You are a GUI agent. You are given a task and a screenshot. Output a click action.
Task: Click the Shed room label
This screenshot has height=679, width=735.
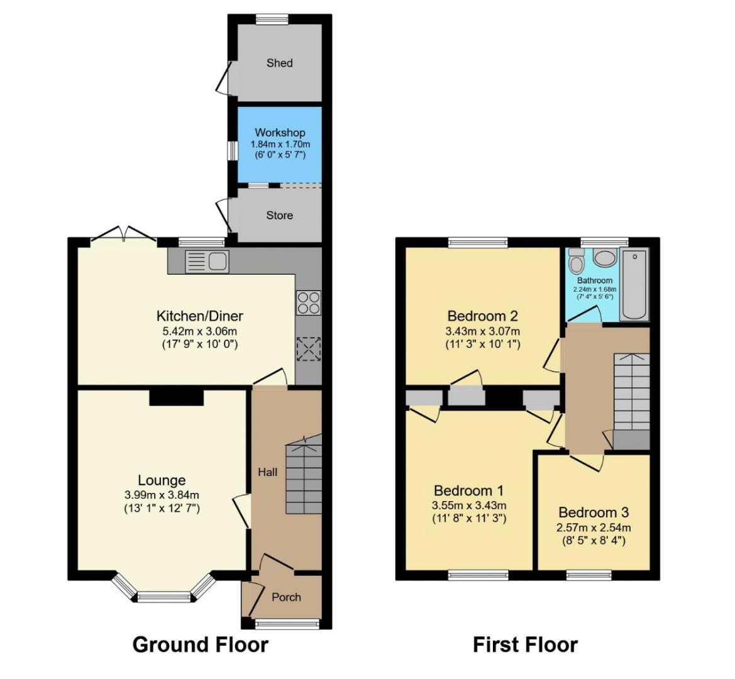coord(279,63)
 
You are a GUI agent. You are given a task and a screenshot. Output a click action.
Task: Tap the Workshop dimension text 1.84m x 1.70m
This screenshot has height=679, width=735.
coord(280,144)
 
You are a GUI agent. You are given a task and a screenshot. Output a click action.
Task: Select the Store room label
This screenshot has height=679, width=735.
coord(279,215)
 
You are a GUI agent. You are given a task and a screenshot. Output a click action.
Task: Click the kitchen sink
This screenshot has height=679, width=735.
coord(208,260)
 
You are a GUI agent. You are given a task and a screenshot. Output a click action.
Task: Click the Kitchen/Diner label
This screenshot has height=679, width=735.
coord(199,316)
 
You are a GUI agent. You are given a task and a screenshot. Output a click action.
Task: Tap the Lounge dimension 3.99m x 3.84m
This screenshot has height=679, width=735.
coord(162,495)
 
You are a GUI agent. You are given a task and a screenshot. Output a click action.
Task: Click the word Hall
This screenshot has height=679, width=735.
coord(267,472)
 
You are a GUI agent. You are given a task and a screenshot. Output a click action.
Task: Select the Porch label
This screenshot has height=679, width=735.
coord(286,597)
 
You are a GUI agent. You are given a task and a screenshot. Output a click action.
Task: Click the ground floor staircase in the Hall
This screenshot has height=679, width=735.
coord(304,478)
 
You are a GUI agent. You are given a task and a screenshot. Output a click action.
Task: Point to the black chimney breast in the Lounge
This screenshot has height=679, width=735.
coord(177,397)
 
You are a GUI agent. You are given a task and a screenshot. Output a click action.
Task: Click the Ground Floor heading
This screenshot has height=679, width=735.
coord(200,644)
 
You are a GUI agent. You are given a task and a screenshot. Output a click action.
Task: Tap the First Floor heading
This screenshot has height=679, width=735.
coord(525,644)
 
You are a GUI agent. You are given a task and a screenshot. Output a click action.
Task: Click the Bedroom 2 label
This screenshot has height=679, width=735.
coord(482,316)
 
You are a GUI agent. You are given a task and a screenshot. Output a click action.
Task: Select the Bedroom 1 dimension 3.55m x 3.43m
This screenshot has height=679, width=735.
coord(469,505)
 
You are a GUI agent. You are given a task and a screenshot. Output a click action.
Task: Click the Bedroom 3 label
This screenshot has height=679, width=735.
coord(593,512)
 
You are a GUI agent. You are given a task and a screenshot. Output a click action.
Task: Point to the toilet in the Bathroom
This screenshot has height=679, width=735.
coord(575,260)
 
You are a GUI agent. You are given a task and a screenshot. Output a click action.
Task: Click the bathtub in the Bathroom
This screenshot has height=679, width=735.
coord(634,284)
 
